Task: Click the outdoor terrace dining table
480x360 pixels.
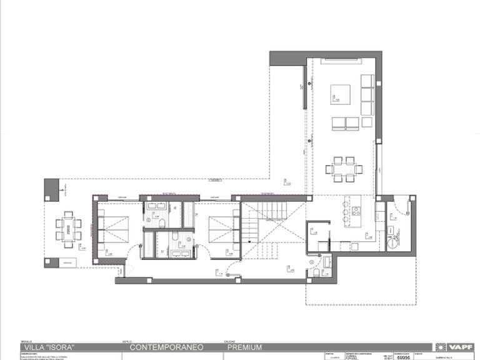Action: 68,227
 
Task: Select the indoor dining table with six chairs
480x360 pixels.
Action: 344,168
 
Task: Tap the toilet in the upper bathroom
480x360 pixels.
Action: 162,222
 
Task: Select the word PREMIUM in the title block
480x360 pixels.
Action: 244,347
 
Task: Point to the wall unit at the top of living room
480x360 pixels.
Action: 342,61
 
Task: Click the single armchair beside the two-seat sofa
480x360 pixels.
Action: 336,123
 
